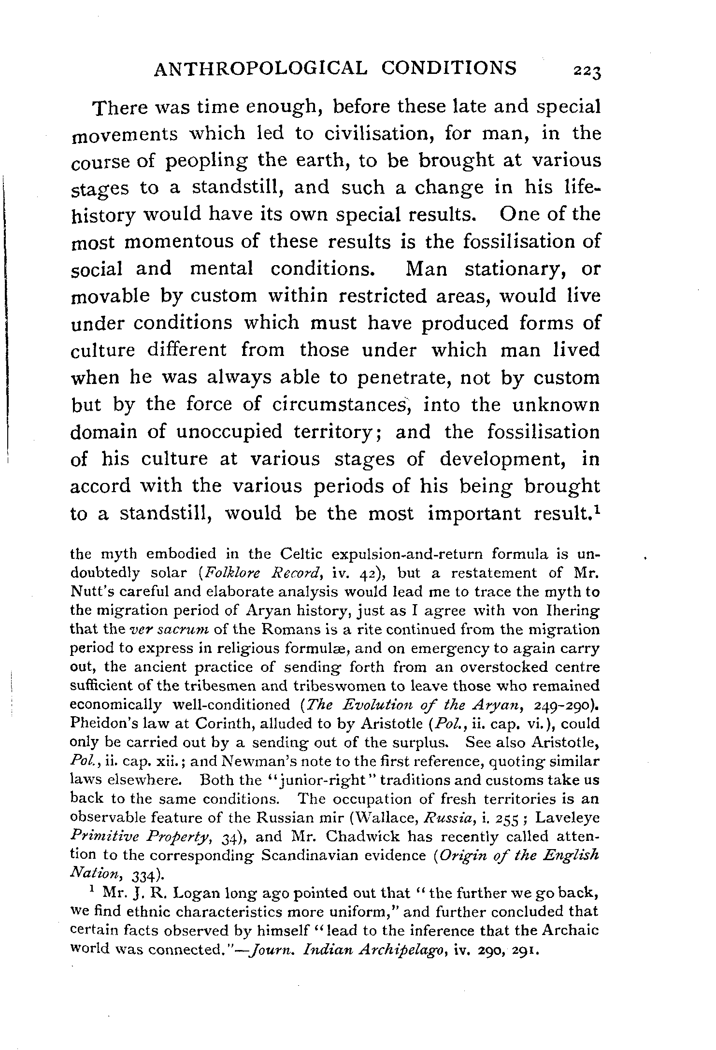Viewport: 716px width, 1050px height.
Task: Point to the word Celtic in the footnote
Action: click(301, 553)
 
